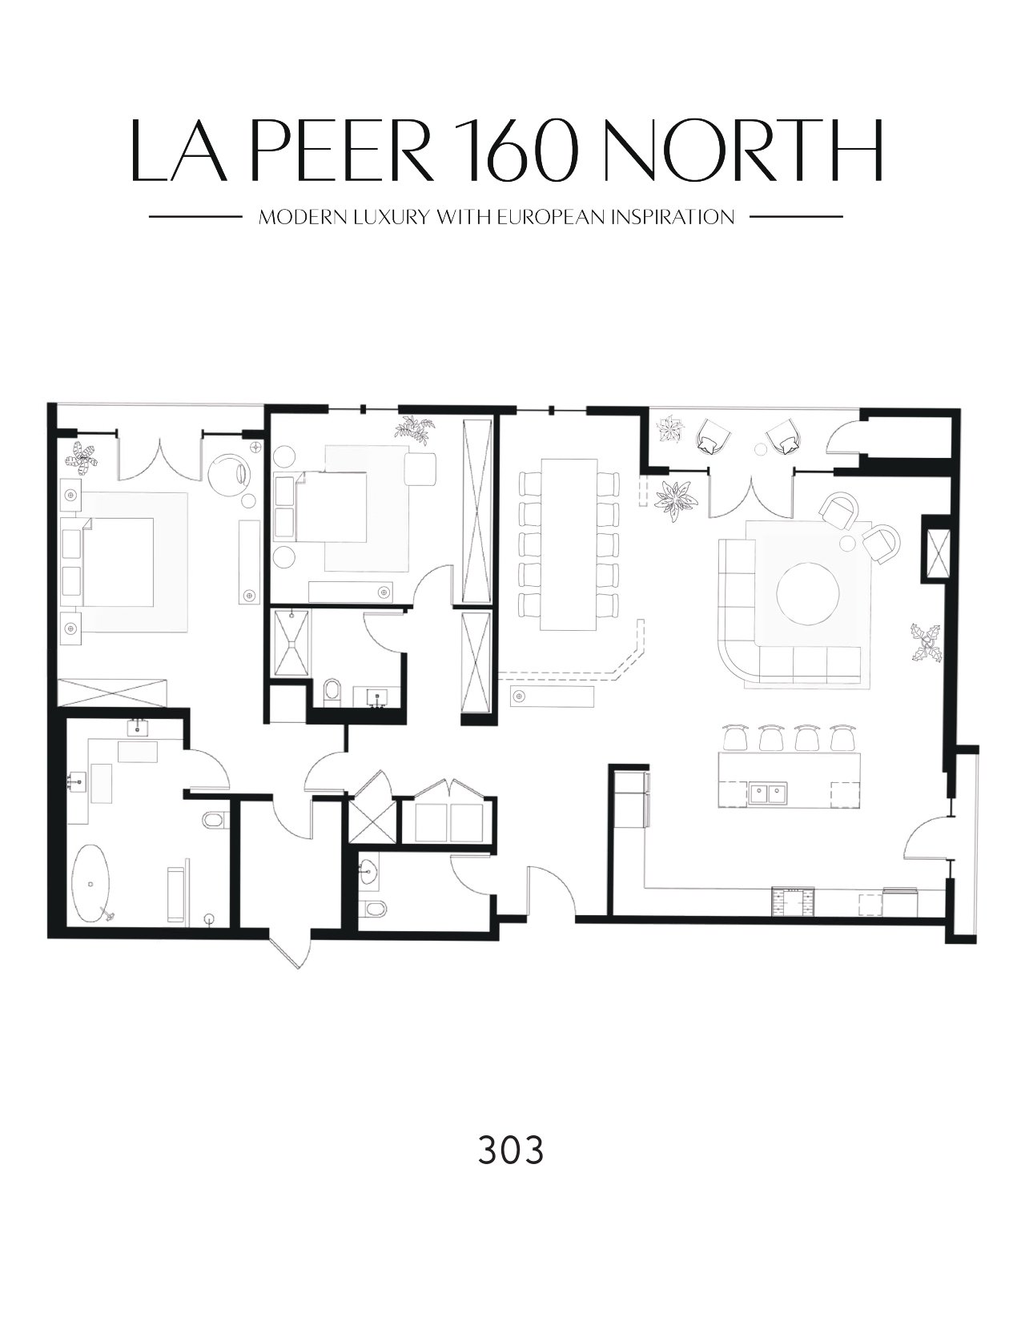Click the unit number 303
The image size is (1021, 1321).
[510, 1150]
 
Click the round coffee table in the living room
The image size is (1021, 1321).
[807, 592]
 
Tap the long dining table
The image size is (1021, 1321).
[569, 544]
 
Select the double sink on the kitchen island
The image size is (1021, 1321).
[766, 794]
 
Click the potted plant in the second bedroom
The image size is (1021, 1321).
[415, 428]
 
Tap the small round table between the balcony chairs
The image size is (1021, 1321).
[761, 449]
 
